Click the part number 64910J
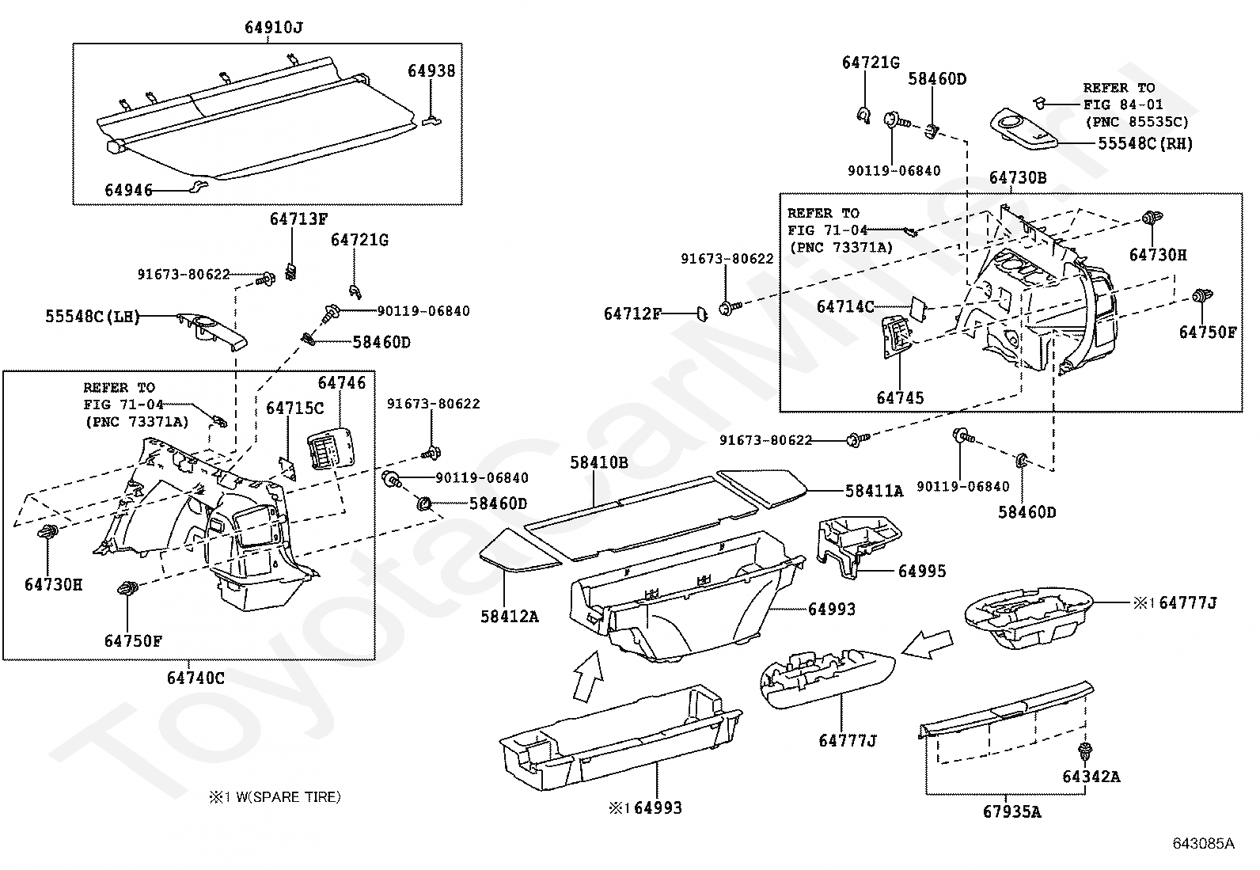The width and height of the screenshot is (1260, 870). click(x=273, y=28)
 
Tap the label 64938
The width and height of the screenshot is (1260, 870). click(x=431, y=71)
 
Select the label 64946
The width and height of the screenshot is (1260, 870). click(x=128, y=191)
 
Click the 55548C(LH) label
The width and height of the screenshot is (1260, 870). click(x=92, y=317)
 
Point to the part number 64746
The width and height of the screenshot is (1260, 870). click(x=342, y=383)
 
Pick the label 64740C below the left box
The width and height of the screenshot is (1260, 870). click(x=195, y=678)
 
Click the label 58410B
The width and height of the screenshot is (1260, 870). click(x=599, y=462)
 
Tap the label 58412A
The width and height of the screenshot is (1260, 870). click(x=509, y=616)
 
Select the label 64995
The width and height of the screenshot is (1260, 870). click(x=921, y=572)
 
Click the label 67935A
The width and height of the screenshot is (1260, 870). click(x=1012, y=811)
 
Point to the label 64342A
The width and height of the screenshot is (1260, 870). click(x=1091, y=777)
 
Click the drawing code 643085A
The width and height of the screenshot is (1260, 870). click(x=1203, y=844)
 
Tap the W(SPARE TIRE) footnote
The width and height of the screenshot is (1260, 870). click(x=274, y=797)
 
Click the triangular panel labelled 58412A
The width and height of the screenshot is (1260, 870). click(x=518, y=553)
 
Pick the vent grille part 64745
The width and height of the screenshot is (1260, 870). click(x=898, y=337)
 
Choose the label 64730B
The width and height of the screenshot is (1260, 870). click(x=1017, y=178)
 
